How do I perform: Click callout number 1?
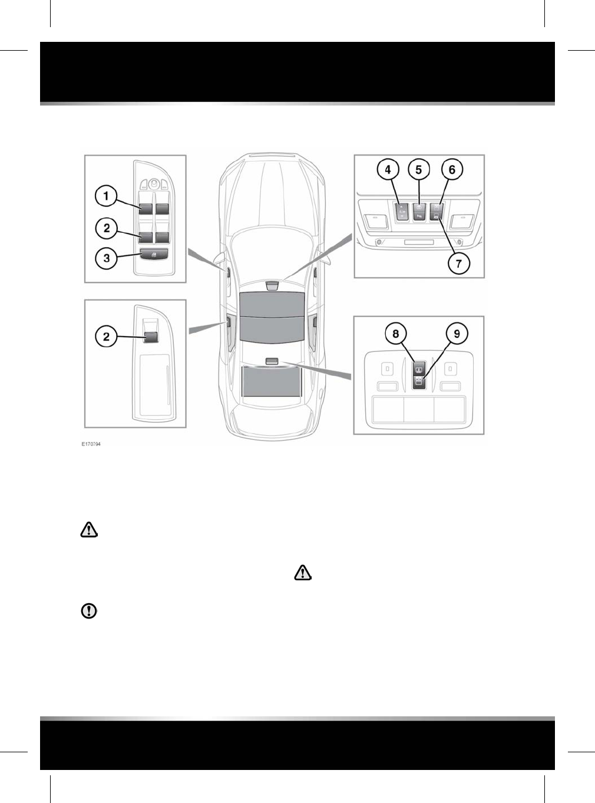pyautogui.click(x=107, y=196)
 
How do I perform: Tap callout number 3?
pyautogui.click(x=107, y=258)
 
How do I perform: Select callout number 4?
pyautogui.click(x=388, y=170)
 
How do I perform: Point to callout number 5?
pyautogui.click(x=419, y=170)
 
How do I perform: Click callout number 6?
pyautogui.click(x=452, y=170)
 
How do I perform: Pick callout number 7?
pyautogui.click(x=459, y=264)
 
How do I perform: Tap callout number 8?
pyautogui.click(x=396, y=334)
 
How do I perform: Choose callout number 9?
pyautogui.click(x=457, y=334)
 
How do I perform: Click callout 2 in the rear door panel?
pyautogui.click(x=107, y=337)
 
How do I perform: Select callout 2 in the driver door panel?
pyautogui.click(x=107, y=228)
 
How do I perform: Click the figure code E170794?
pyautogui.click(x=91, y=444)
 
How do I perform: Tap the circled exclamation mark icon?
pyautogui.click(x=89, y=611)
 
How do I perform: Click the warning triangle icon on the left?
pyautogui.click(x=89, y=530)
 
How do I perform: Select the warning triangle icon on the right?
pyautogui.click(x=302, y=572)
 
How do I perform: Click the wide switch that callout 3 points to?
pyautogui.click(x=154, y=254)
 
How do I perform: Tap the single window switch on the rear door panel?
pyautogui.click(x=151, y=337)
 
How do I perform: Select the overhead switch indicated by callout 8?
pyautogui.click(x=418, y=371)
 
